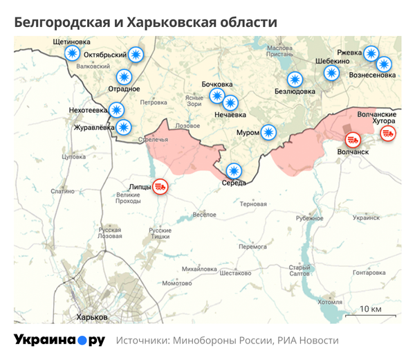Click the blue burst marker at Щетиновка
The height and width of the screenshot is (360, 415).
71,54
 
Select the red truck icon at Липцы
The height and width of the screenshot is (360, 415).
160,186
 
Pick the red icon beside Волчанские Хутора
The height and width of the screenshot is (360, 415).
388,133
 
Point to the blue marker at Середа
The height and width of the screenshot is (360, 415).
234,170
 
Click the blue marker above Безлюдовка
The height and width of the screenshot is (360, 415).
295,79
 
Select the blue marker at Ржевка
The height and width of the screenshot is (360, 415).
371,53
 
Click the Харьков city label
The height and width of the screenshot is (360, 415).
92,316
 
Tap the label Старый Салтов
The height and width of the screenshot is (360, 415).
299,271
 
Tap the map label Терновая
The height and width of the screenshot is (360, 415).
253,204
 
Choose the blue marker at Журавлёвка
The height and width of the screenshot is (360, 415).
123,127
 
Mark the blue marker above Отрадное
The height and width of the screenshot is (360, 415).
124,76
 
